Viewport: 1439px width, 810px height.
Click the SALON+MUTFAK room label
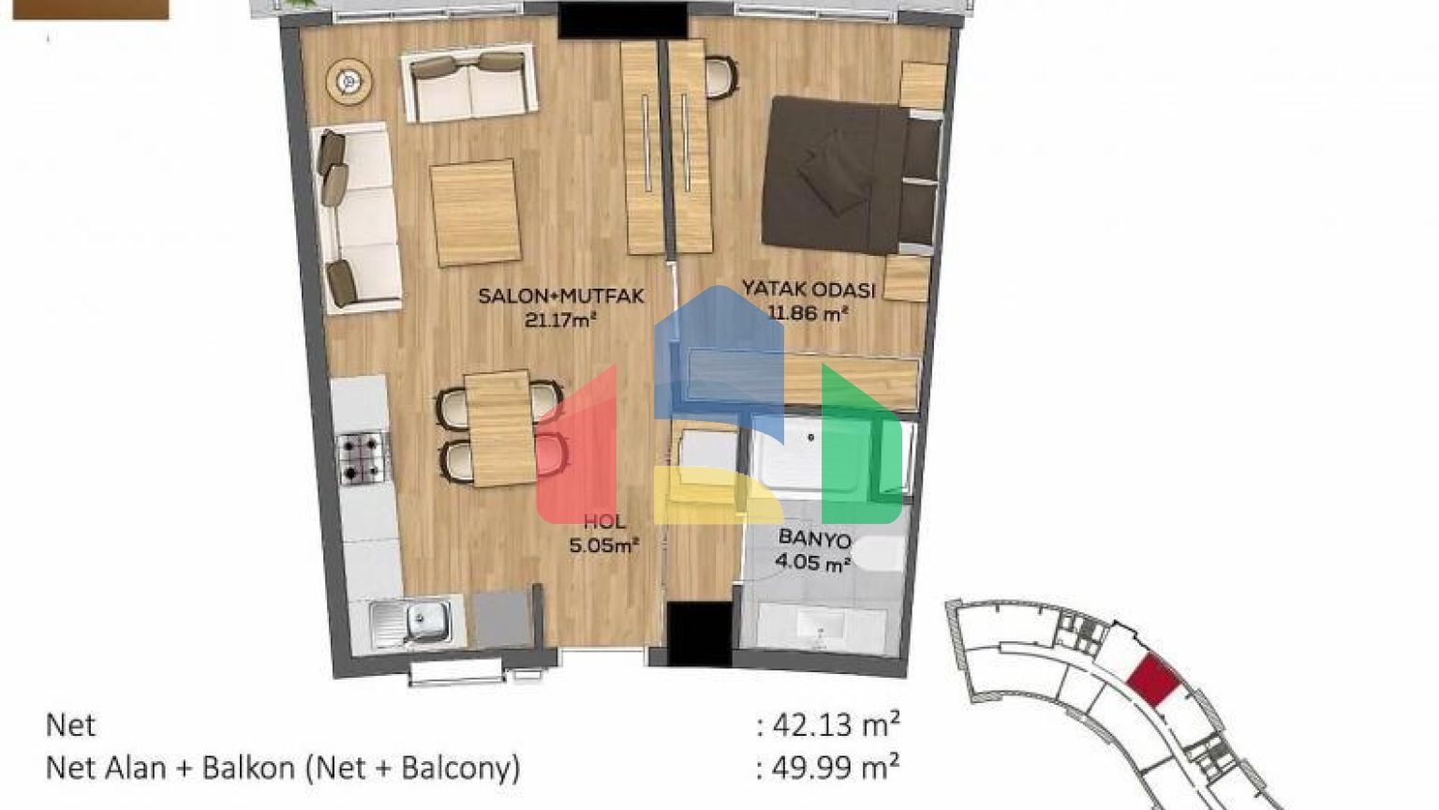[x=561, y=296]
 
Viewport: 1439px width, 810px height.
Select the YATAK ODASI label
[x=809, y=290]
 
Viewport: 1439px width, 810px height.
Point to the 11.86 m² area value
[x=809, y=314]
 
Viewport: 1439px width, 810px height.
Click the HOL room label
[x=604, y=522]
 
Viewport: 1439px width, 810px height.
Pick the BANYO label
[x=814, y=539]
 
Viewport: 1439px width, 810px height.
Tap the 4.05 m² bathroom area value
[x=813, y=563]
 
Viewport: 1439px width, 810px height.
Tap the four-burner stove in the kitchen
[x=363, y=457]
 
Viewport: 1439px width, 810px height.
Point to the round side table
[x=349, y=82]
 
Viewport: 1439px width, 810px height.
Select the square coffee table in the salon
[x=475, y=213]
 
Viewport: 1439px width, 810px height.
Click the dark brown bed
[x=852, y=175]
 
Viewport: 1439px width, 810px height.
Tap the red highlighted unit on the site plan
[x=1154, y=680]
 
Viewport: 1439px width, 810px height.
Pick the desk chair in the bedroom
[x=721, y=78]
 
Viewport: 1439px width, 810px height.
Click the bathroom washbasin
[x=821, y=623]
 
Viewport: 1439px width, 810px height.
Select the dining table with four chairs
[x=501, y=428]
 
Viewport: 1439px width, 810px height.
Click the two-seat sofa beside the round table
[x=469, y=83]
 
